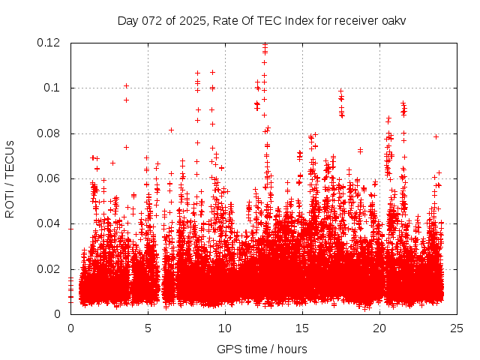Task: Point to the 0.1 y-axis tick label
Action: (54, 88)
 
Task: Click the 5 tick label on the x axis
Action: (148, 328)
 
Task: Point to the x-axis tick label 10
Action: (225, 328)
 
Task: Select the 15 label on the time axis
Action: (301, 328)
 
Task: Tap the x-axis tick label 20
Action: (379, 328)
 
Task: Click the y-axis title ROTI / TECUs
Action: (10, 178)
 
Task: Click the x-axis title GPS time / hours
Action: (262, 349)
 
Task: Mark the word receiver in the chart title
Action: (354, 20)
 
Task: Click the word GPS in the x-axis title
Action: (227, 349)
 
